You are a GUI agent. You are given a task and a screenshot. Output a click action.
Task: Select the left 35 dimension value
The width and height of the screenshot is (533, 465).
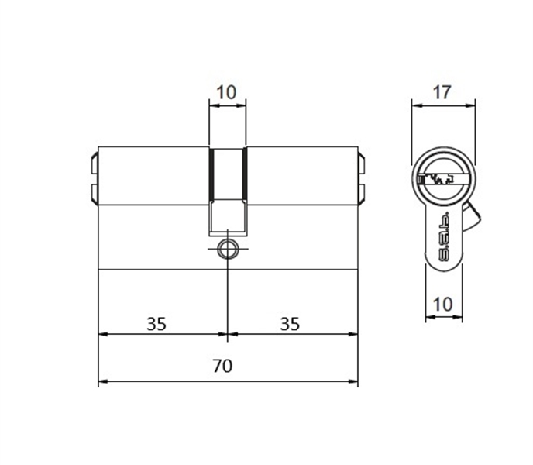point(156,323)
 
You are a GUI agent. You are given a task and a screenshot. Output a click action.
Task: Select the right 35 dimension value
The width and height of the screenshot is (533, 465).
point(290,323)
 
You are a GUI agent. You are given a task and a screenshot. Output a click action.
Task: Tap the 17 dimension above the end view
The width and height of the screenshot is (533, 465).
point(442,93)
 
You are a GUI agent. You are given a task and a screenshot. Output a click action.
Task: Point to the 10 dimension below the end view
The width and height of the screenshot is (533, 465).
point(442,305)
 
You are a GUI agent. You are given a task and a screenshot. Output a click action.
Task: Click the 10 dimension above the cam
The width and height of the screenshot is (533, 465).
point(226,93)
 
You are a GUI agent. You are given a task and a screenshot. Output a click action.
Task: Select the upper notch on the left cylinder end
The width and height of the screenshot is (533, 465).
point(91,165)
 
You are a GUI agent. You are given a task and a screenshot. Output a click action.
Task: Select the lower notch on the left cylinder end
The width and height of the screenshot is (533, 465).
point(91,191)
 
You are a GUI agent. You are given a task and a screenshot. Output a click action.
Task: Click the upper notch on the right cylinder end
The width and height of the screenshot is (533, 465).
point(363,165)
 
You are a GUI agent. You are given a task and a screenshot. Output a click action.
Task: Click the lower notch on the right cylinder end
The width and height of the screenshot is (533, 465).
point(363,191)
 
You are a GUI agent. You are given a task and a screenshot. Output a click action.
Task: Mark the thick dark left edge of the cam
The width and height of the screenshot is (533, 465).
point(210,174)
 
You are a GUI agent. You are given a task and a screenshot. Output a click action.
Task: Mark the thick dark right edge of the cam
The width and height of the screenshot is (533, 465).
point(245,174)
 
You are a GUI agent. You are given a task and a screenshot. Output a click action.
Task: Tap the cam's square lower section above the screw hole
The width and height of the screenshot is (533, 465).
point(227,217)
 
